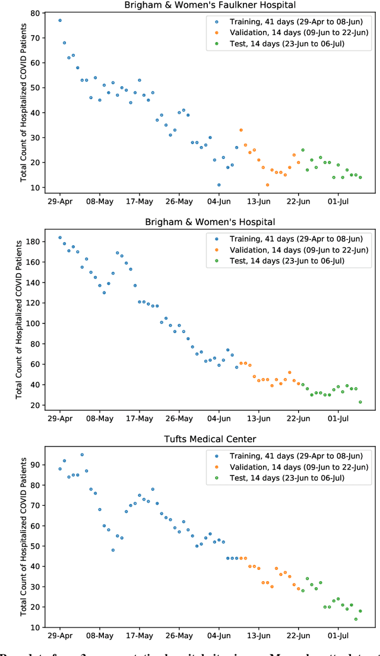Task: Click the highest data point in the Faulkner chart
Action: tap(60, 20)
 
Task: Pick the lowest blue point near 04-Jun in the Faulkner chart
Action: tap(218, 185)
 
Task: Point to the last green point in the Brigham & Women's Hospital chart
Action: tap(360, 402)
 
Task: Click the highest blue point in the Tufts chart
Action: tap(82, 455)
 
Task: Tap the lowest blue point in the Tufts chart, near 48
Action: tap(113, 550)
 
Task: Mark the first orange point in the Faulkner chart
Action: tap(241, 130)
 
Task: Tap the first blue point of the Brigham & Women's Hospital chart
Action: tap(60, 237)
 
